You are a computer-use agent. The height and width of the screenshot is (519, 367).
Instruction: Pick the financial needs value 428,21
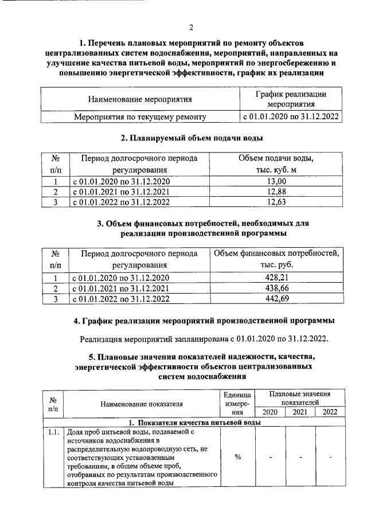(x=276, y=278)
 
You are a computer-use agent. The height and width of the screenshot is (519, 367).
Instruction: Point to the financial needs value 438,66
(x=276, y=288)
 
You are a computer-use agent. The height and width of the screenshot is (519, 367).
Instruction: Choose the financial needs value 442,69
(x=276, y=298)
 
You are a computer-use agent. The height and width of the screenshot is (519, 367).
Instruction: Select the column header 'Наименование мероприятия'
(x=139, y=99)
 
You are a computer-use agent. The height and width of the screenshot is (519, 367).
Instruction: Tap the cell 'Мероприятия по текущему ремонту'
(x=140, y=117)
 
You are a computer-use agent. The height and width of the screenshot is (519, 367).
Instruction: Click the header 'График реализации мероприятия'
(x=290, y=99)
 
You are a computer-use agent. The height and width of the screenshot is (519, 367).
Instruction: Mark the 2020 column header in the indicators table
(x=270, y=412)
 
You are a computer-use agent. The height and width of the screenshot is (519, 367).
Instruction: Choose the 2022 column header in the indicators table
(x=330, y=412)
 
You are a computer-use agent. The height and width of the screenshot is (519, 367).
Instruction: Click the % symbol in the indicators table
(x=237, y=456)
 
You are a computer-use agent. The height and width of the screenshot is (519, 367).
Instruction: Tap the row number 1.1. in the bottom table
(x=53, y=432)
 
